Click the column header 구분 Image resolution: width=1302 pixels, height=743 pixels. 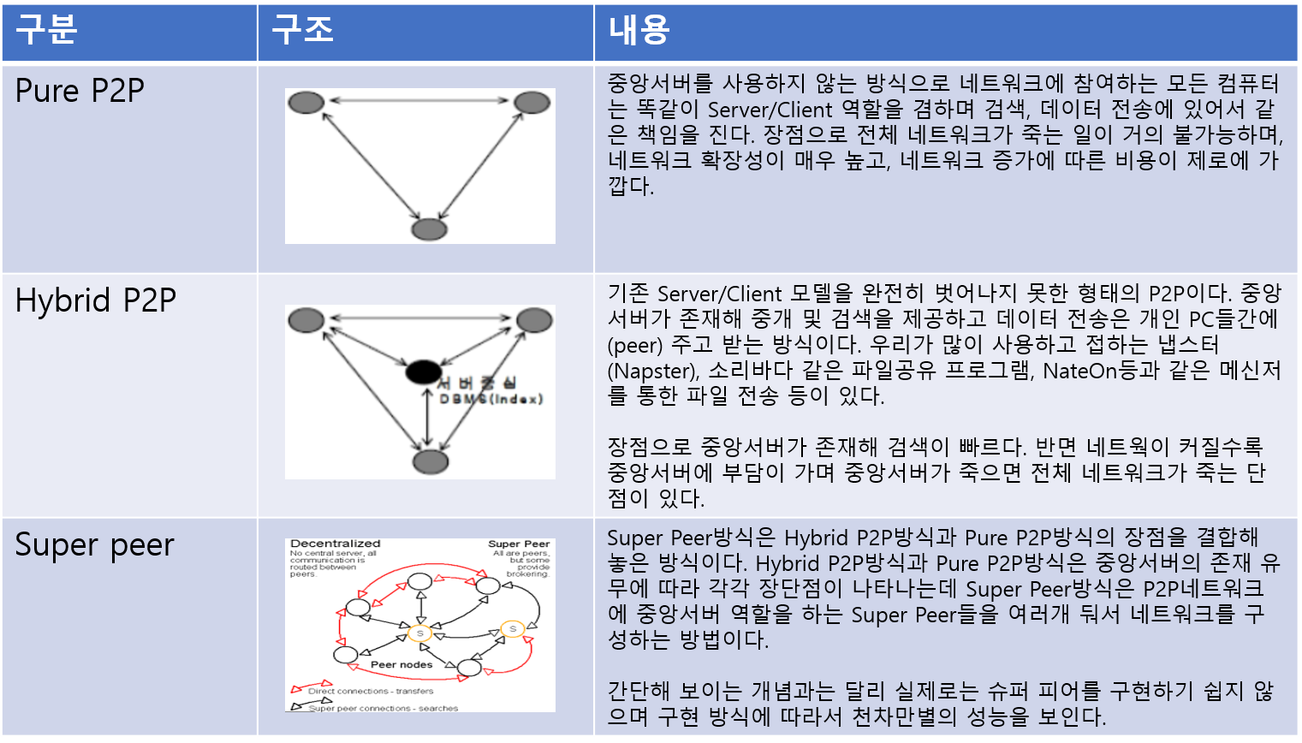(x=46, y=30)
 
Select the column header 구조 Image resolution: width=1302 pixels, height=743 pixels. (x=302, y=30)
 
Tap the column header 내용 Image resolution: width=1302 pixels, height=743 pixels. (x=639, y=30)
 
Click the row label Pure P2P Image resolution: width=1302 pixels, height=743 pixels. (x=80, y=91)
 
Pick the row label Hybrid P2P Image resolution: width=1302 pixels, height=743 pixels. (x=95, y=300)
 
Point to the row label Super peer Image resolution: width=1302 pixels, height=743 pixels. (x=94, y=545)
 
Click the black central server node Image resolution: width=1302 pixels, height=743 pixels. (x=423, y=372)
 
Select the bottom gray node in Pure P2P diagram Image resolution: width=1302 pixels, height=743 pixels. (x=429, y=229)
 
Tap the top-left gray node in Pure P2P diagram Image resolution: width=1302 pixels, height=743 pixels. (x=306, y=103)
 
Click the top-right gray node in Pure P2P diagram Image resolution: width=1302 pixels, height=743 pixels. (x=532, y=103)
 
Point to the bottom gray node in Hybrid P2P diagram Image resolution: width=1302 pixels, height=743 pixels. (x=430, y=461)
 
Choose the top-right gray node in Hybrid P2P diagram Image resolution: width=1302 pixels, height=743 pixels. (x=534, y=320)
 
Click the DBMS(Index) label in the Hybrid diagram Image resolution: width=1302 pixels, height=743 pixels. (x=491, y=399)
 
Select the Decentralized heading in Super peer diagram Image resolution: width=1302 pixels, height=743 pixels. (x=335, y=544)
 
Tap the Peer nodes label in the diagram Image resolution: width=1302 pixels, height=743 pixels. (x=401, y=664)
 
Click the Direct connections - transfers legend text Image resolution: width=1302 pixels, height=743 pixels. (x=371, y=691)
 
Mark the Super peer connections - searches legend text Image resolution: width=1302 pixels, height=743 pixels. (x=383, y=708)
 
